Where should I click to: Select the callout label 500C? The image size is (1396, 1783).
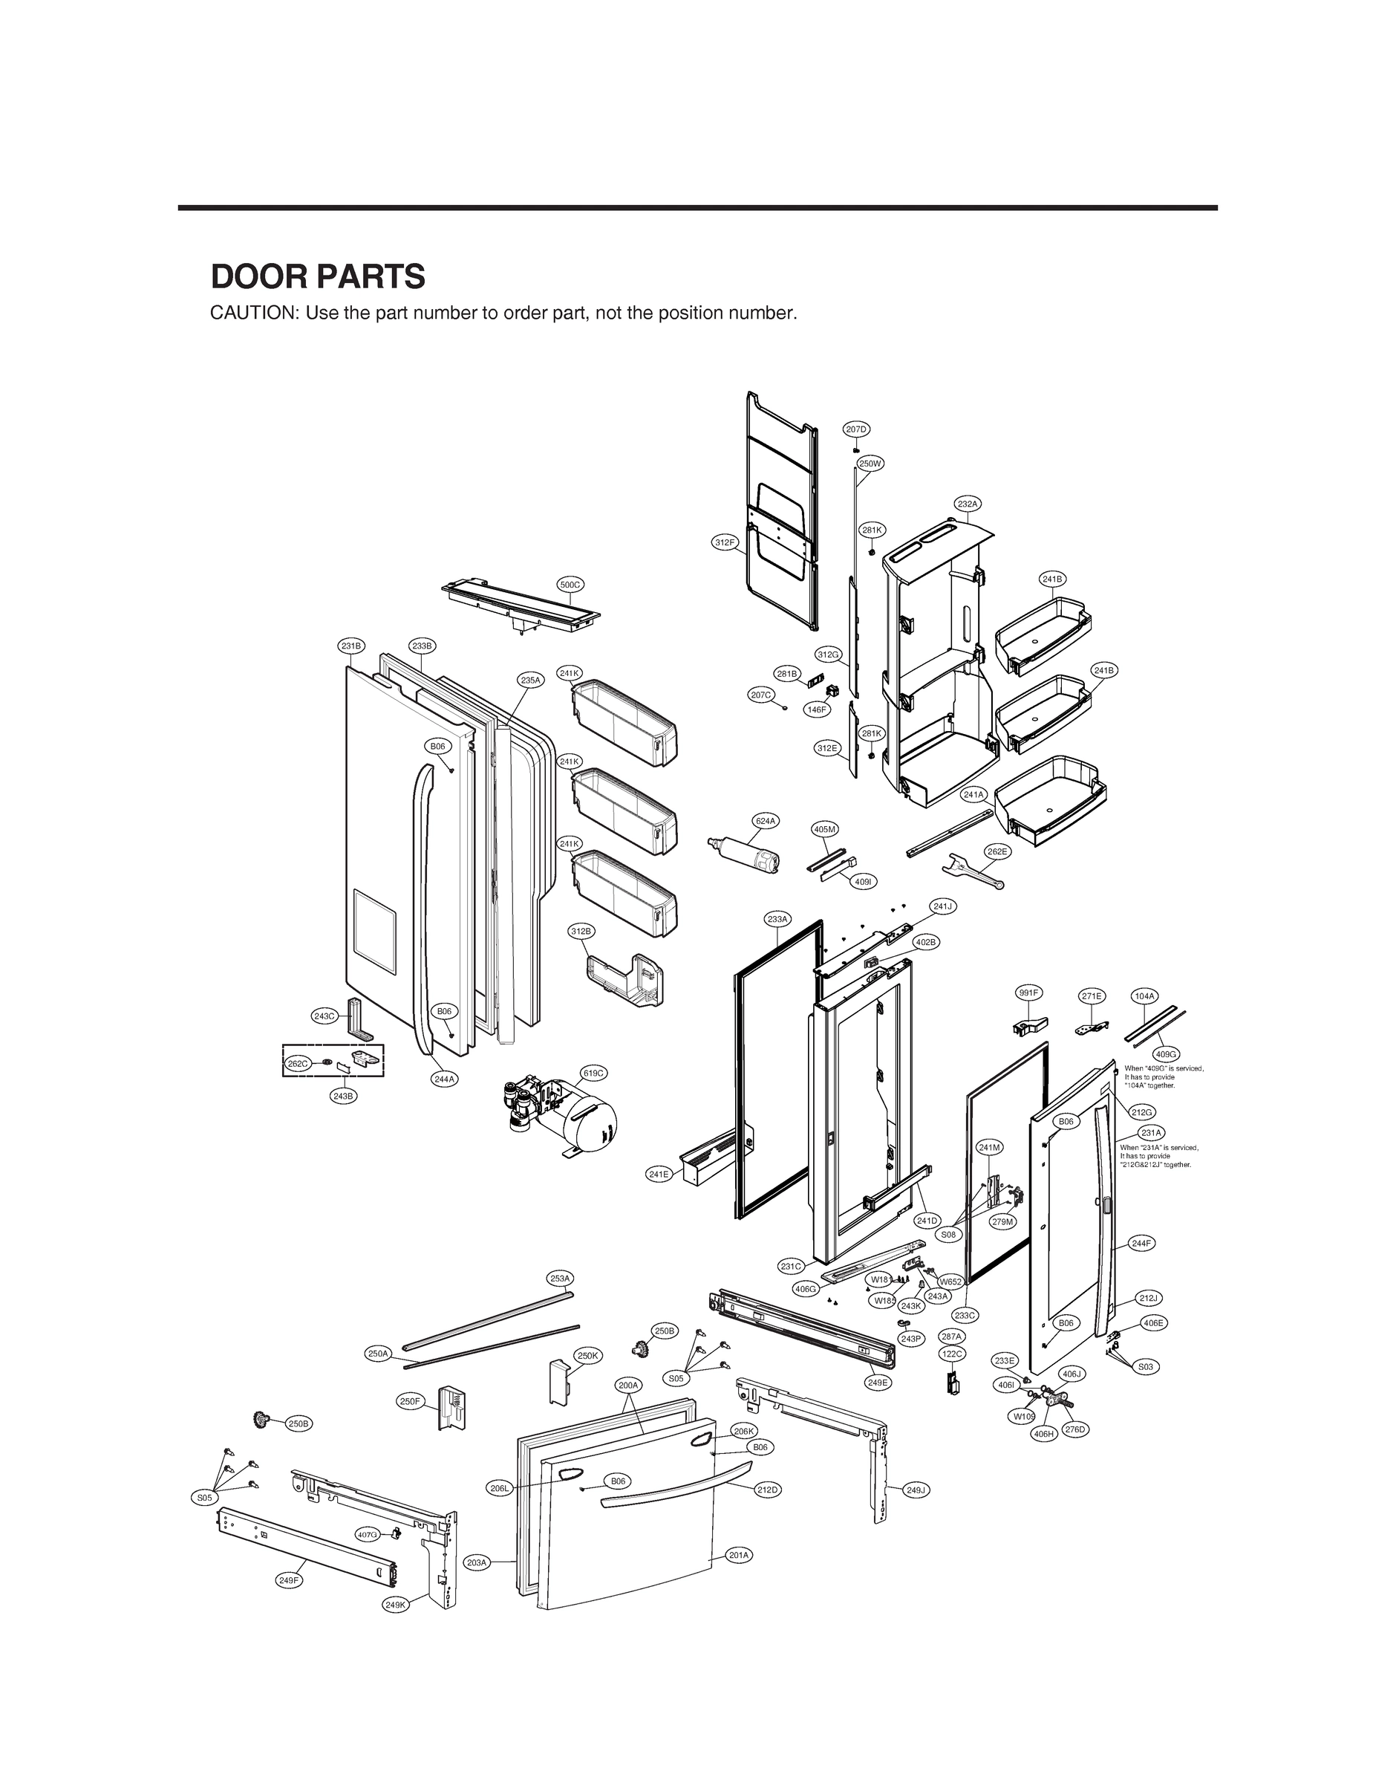570,585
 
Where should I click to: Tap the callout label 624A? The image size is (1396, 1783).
764,820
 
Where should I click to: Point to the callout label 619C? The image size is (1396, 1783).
593,1073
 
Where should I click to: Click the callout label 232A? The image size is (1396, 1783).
967,504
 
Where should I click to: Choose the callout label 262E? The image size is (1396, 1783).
997,851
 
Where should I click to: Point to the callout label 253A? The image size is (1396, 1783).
560,1278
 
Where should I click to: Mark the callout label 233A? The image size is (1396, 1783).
777,919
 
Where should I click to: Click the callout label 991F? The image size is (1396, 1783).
1028,993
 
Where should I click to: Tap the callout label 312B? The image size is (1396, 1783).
581,931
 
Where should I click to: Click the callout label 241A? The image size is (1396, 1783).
973,794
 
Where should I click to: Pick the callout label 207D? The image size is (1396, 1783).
855,429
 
